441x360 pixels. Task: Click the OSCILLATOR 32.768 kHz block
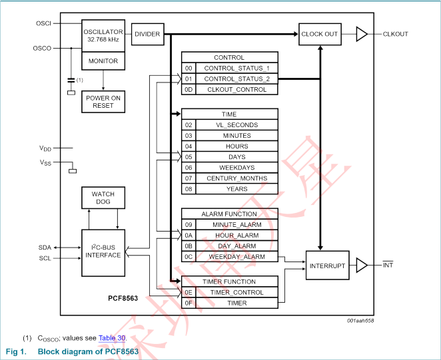point(103,35)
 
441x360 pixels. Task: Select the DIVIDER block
point(147,34)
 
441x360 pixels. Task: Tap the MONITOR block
point(103,61)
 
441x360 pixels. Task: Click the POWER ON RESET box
point(103,102)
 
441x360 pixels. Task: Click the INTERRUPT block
point(328,266)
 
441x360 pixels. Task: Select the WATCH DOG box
point(103,198)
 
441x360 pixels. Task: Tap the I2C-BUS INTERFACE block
point(103,251)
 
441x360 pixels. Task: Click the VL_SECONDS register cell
point(236,125)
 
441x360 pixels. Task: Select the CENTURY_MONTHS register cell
point(236,178)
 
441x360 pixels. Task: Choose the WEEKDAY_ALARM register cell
point(236,257)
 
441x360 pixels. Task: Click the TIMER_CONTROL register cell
point(236,293)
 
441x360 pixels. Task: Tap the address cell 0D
point(189,89)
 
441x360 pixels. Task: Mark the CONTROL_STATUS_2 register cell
point(236,79)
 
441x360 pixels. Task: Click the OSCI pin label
point(43,23)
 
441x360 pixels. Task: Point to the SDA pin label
point(45,247)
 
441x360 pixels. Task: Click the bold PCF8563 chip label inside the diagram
point(123,299)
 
